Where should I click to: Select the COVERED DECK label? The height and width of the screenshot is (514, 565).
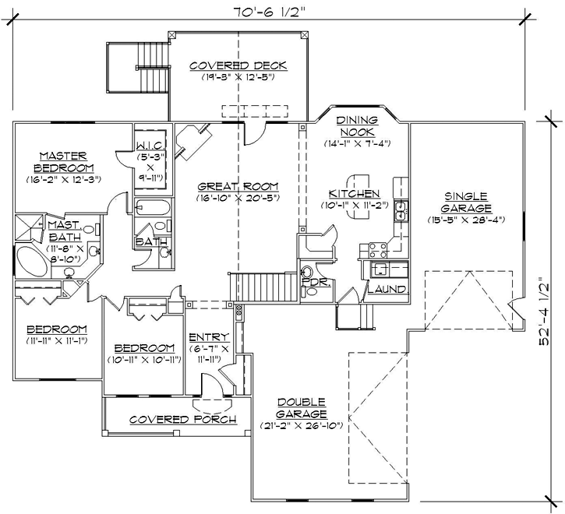click(x=238, y=65)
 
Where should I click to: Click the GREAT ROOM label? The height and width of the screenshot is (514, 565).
click(x=238, y=186)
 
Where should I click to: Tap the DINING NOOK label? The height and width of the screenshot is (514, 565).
click(x=356, y=125)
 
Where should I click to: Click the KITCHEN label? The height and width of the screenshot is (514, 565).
click(x=354, y=193)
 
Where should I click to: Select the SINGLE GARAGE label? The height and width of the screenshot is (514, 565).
click(x=467, y=202)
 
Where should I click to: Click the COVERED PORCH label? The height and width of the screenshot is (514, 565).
click(x=171, y=419)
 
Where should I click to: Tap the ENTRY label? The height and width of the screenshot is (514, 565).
click(x=208, y=337)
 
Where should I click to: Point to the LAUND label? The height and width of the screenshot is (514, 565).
click(x=385, y=289)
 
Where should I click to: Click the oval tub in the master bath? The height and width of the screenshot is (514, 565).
click(x=34, y=260)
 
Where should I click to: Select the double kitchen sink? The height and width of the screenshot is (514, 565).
click(x=401, y=210)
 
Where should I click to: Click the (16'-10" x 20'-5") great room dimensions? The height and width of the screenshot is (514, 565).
click(x=238, y=198)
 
